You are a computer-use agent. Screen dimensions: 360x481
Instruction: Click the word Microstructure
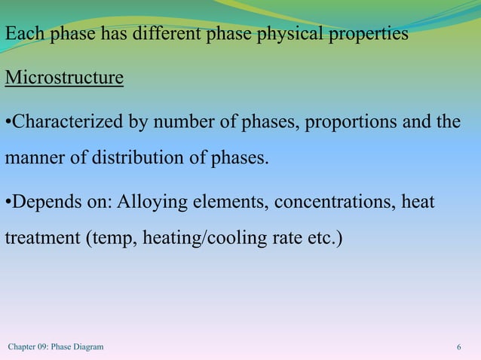click(64, 78)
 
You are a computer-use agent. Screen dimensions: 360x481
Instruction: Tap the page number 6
click(459, 347)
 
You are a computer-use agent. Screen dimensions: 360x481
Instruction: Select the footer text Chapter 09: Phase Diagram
click(56, 347)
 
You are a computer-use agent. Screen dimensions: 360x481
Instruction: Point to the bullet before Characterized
click(8, 122)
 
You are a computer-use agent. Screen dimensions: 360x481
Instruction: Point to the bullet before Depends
click(8, 203)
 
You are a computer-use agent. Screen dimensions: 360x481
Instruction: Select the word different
click(168, 35)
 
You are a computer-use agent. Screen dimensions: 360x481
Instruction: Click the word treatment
click(42, 239)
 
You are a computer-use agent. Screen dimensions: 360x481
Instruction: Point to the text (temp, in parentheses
click(108, 239)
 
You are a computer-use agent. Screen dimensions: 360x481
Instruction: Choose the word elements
click(232, 203)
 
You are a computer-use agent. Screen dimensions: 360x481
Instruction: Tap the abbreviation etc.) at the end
click(323, 239)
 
